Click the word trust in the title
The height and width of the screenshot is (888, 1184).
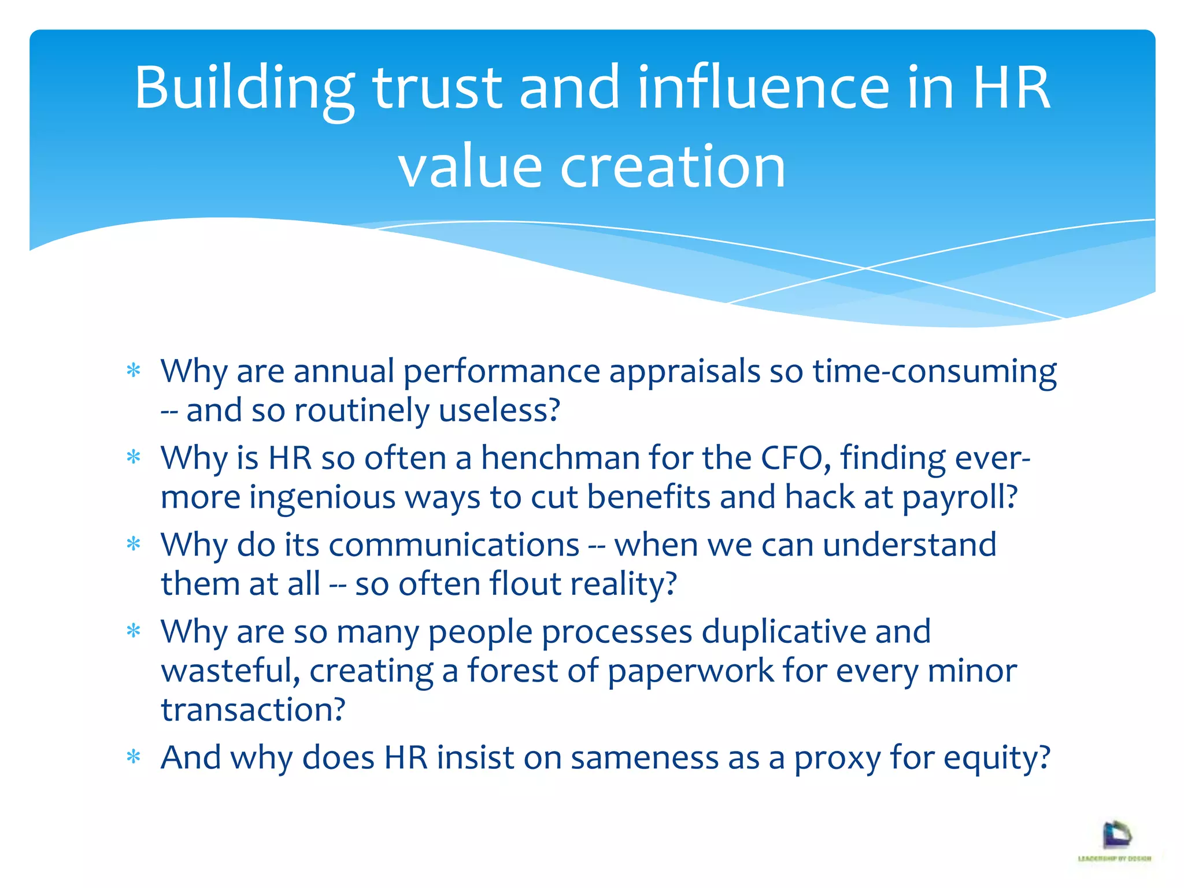(x=437, y=88)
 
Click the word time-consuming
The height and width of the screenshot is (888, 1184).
(x=935, y=371)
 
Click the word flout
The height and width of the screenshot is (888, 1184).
(x=525, y=584)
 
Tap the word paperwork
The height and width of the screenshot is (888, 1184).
(x=690, y=671)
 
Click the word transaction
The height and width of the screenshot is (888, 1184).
(x=253, y=710)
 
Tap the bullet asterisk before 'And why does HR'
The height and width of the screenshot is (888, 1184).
(x=134, y=757)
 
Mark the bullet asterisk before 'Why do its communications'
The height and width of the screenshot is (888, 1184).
(x=134, y=544)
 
